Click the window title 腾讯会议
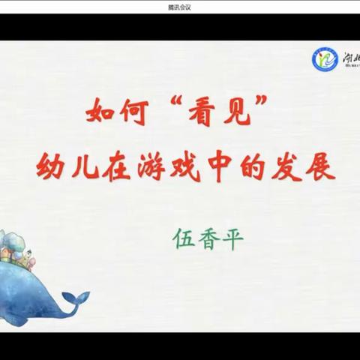[x=181, y=6]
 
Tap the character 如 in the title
[x=102, y=113]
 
